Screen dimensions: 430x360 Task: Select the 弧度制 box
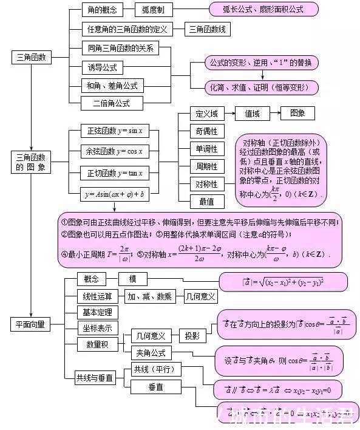pos(157,10)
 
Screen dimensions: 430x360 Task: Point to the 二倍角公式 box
pos(111,103)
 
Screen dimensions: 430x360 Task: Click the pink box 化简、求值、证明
pos(261,87)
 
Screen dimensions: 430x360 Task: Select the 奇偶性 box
pos(206,131)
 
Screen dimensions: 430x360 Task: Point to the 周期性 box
pos(206,166)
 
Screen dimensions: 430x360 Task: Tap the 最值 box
pos(206,201)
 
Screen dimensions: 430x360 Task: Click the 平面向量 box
pos(30,324)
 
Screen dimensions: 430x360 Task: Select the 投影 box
pos(192,335)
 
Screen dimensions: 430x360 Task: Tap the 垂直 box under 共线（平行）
pos(155,387)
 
